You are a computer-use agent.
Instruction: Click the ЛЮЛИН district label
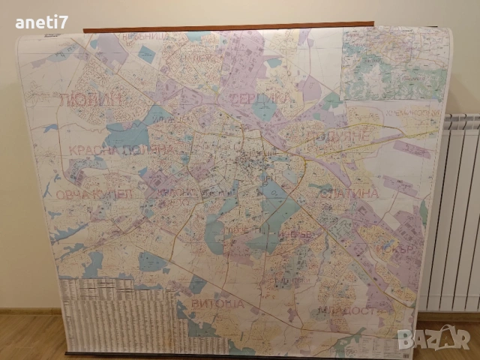89,99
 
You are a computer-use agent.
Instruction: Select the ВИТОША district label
217,304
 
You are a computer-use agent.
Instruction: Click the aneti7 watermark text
41,22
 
